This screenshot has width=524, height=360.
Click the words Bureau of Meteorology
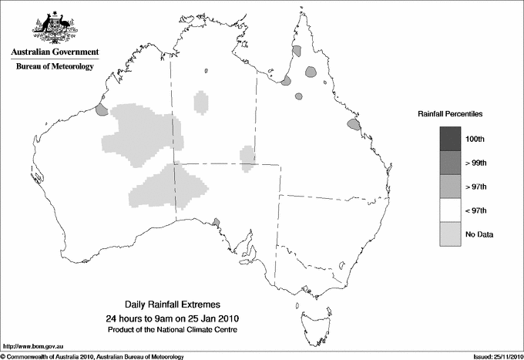click(x=55, y=66)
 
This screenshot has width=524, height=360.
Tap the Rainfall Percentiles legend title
click(x=450, y=113)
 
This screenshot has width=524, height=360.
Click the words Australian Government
click(x=55, y=52)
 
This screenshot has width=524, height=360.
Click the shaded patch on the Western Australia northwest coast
click(x=101, y=110)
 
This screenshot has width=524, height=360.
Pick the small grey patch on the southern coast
click(x=217, y=221)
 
